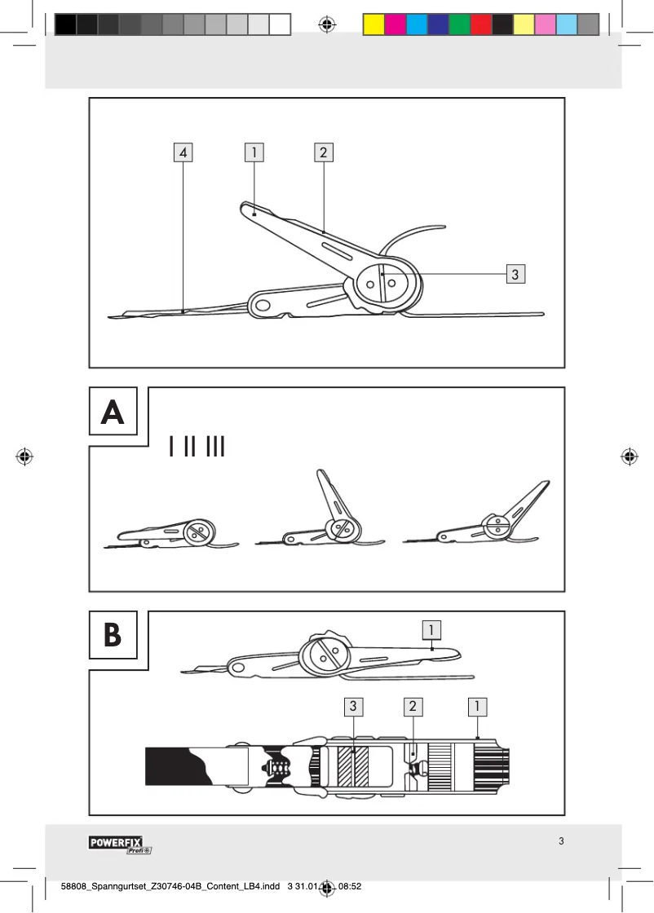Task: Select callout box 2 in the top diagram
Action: point(324,152)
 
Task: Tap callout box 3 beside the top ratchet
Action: point(515,274)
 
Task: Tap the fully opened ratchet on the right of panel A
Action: point(481,522)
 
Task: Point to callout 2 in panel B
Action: point(413,707)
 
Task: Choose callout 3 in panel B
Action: point(353,707)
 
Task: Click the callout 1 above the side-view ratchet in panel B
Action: point(432,629)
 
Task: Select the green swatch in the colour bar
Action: point(459,24)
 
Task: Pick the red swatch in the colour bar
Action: point(480,24)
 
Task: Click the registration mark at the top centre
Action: point(327,24)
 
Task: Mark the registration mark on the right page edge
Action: point(630,456)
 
